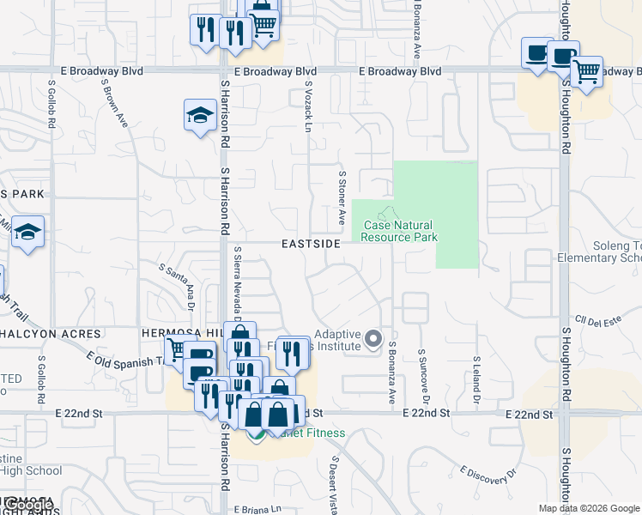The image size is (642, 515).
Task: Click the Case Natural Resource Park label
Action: [x=400, y=231]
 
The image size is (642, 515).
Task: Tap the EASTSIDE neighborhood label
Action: [x=311, y=244]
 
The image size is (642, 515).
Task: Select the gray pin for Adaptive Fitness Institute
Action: [x=372, y=339]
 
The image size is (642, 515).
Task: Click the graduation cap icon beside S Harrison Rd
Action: [x=199, y=115]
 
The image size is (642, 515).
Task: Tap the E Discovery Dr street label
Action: [x=489, y=474]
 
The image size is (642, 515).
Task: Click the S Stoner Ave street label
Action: [x=342, y=198]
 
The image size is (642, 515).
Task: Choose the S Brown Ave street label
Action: [x=115, y=105]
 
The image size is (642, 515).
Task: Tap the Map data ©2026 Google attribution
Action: [x=589, y=508]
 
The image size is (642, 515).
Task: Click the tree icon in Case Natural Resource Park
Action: [x=388, y=212]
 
